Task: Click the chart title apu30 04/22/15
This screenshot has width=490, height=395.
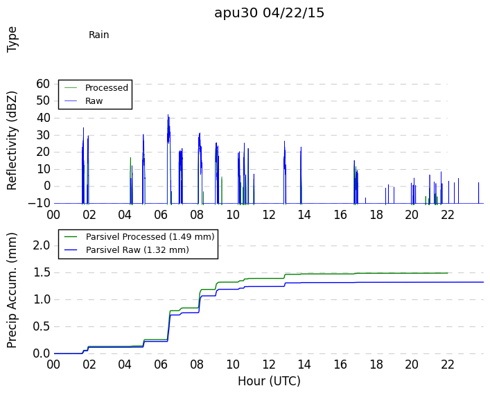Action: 269,13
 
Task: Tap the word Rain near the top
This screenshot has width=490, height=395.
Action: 98,35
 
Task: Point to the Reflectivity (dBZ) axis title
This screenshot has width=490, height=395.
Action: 12,141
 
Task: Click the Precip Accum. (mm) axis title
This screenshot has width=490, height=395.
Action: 12,290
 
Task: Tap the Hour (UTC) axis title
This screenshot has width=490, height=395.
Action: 269,381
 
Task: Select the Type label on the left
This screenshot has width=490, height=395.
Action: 12,39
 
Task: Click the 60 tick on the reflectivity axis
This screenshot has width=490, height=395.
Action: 43,84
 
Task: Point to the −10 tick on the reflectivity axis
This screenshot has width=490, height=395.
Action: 39,203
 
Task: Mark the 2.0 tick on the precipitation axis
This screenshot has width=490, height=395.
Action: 42,245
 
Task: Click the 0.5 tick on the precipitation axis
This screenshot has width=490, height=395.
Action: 42,326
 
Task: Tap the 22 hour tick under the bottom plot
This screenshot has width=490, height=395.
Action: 448,365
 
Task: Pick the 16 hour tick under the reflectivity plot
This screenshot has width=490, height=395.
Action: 340,215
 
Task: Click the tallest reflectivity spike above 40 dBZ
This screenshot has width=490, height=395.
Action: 168,115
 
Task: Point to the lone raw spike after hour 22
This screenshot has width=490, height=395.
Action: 478,193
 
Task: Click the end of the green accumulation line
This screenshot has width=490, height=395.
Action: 448,273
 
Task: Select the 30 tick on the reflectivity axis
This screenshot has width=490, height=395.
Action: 43,135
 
